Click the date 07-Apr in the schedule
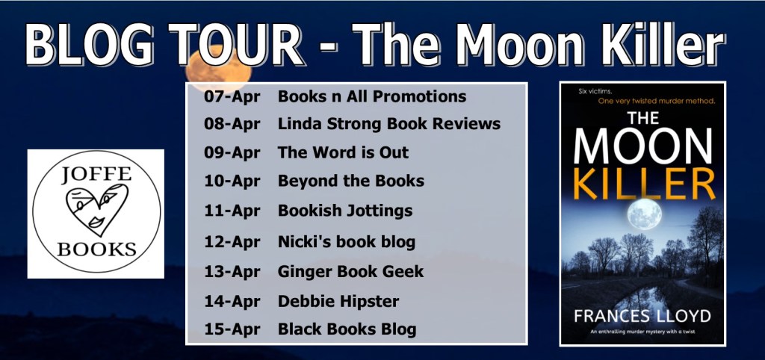coord(232,96)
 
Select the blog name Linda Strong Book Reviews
coord(389,124)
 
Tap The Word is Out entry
coord(343,152)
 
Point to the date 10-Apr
coord(232,181)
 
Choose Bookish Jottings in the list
coord(345,211)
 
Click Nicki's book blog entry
coord(347,241)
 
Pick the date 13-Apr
coord(232,272)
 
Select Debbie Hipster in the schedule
coord(338,302)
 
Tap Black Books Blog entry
coord(347,329)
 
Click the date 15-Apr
coord(232,329)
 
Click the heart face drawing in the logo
coord(96,210)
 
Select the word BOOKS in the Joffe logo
coord(96,249)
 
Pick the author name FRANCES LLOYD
coord(642,316)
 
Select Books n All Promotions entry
coord(372,96)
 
